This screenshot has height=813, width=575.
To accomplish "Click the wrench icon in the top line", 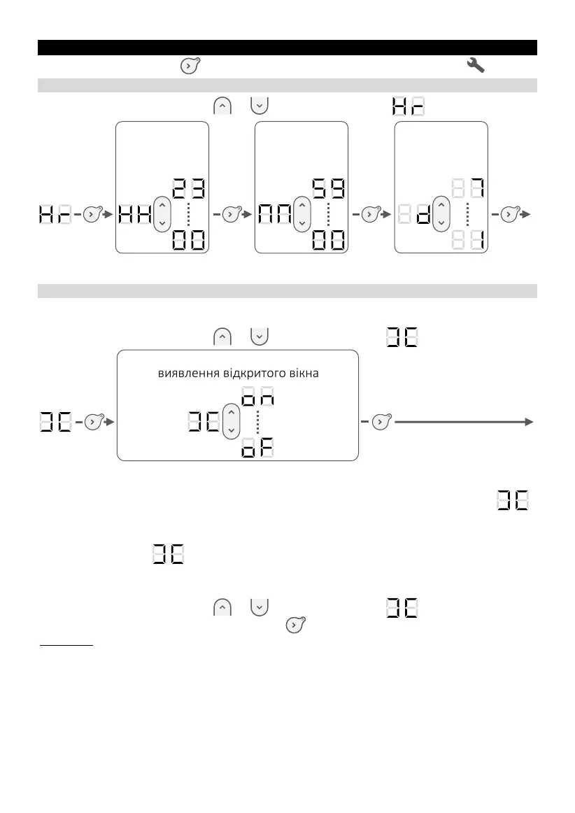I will (476, 66).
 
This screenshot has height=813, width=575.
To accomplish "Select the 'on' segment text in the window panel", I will (257, 397).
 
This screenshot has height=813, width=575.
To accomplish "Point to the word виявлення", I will (184, 374).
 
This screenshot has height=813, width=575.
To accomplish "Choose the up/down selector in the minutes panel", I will (301, 213).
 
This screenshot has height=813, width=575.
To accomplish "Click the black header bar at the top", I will (287, 48).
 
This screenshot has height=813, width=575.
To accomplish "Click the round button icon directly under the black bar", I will (189, 66).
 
